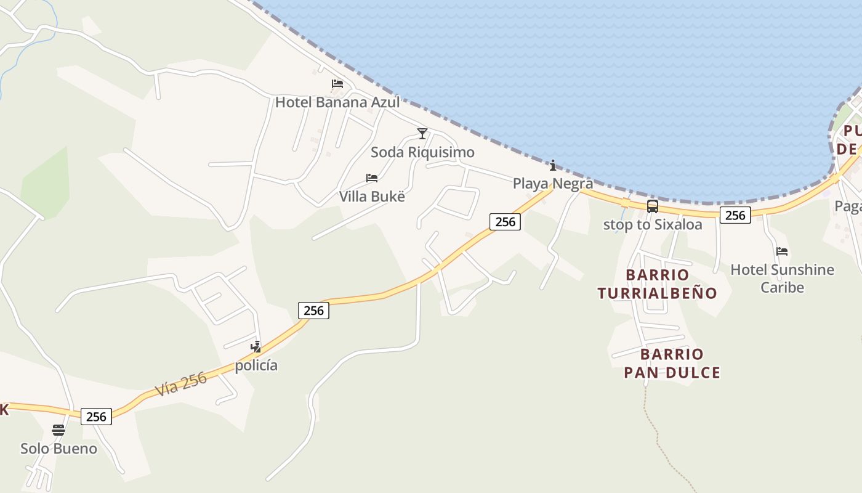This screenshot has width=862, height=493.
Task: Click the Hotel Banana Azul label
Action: point(337,102)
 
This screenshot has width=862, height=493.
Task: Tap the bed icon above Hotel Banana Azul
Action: point(337,84)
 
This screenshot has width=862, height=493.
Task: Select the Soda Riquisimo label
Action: point(422,152)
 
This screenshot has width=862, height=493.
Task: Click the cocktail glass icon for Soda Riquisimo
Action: point(422,133)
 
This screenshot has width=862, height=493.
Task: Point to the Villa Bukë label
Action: point(373,197)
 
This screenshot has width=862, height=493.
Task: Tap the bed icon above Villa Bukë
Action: point(372,178)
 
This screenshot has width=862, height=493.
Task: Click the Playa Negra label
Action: point(553,184)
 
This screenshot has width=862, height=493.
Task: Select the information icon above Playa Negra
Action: point(553,165)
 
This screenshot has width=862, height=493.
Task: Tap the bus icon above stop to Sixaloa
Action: point(653,206)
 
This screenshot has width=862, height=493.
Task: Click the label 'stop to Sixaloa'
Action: point(653,225)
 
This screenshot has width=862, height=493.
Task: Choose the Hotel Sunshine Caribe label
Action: point(782,279)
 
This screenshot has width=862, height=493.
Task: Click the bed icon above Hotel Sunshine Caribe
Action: point(782,251)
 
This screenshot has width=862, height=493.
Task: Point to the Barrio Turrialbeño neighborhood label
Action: point(658,283)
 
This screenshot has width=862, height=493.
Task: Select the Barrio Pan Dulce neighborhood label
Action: point(672,363)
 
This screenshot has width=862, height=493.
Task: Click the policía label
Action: point(256,365)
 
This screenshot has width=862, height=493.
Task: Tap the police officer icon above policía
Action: point(256,347)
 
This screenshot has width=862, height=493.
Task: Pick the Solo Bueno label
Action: point(58,449)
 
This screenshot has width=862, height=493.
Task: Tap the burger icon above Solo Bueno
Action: point(58,430)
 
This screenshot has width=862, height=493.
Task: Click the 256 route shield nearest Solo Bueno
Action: point(97,417)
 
